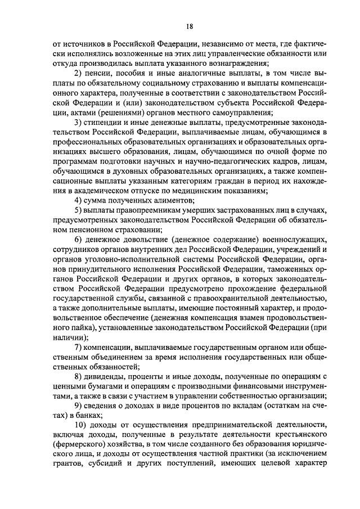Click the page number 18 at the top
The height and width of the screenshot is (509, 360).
pyautogui.click(x=190, y=26)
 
